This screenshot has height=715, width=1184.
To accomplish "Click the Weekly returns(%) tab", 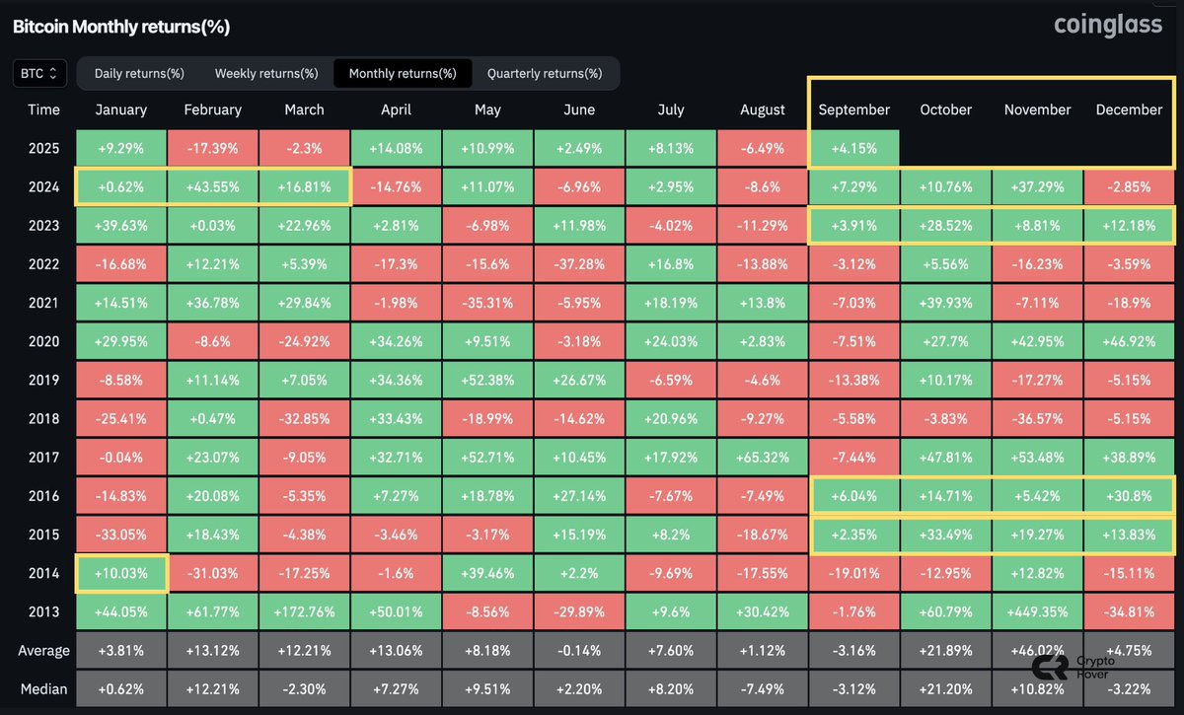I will click(x=266, y=73).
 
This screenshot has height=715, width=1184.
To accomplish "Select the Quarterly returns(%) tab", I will click(x=544, y=73).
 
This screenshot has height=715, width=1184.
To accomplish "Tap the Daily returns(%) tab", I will click(x=139, y=73).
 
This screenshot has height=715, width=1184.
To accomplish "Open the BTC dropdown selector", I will click(x=40, y=73).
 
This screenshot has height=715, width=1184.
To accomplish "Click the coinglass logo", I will click(x=1108, y=26).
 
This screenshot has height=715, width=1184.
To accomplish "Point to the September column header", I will click(x=853, y=109).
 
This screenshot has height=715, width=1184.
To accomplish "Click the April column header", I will click(x=396, y=109).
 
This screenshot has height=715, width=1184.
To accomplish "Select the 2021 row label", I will click(x=43, y=303).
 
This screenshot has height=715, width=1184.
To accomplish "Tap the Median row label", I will click(x=43, y=688).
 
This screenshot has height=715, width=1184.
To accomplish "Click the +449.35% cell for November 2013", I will click(x=1037, y=611).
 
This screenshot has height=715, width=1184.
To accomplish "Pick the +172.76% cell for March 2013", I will click(x=304, y=611).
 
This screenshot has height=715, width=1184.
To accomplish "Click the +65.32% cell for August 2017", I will click(x=763, y=458).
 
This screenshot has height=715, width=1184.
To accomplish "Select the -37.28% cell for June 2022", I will click(x=579, y=264).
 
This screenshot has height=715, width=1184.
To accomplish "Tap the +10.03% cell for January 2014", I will click(x=121, y=573).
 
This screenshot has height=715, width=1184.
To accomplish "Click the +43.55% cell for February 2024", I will click(x=212, y=186).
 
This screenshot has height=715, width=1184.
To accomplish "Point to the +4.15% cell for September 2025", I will click(x=853, y=148).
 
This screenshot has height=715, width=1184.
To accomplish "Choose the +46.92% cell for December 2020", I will click(x=1129, y=341).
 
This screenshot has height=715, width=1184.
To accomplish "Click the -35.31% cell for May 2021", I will click(x=487, y=303).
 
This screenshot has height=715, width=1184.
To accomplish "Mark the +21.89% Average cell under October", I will click(x=946, y=650).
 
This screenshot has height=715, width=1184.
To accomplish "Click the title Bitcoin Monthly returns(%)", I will click(x=120, y=27).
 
